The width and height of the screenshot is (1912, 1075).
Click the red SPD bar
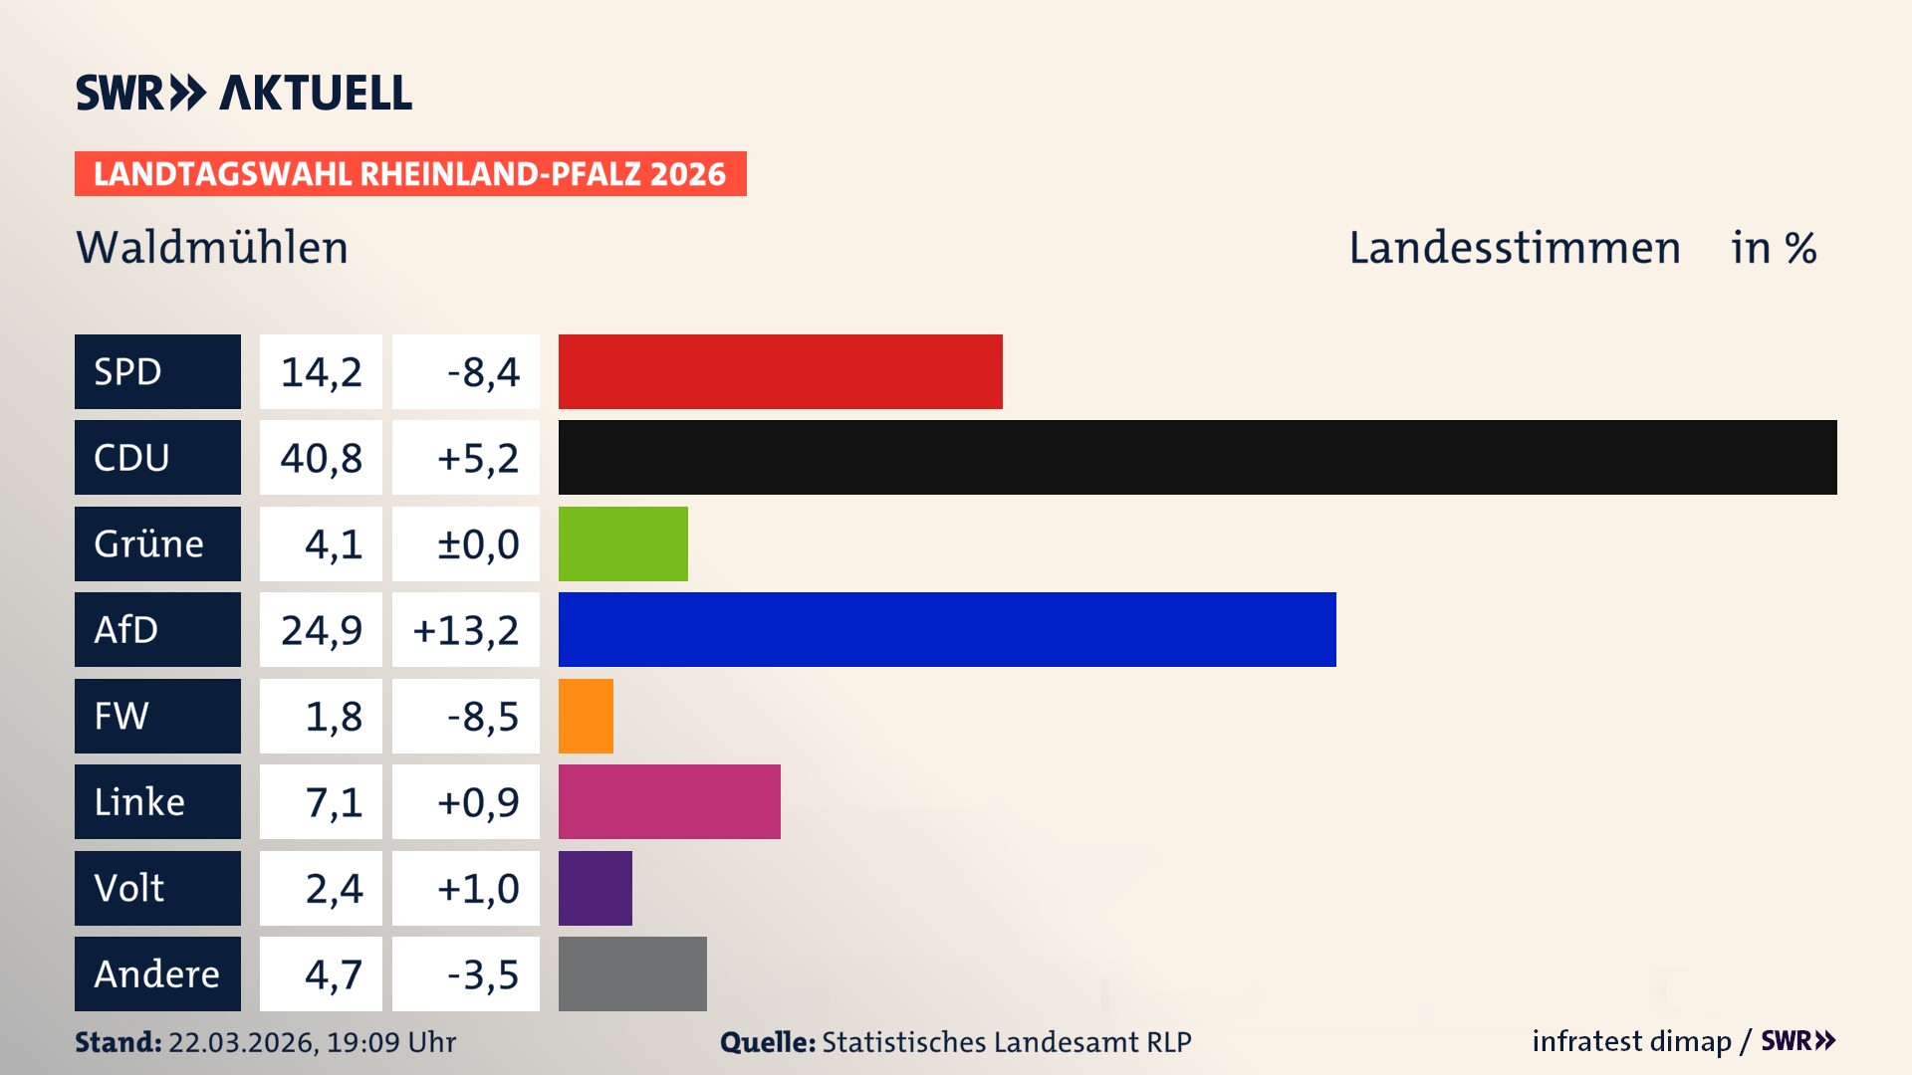[780, 371]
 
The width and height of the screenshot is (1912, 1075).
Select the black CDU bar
[1197, 458]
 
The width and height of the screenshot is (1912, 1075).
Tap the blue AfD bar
[946, 630]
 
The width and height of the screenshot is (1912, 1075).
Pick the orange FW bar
[586, 716]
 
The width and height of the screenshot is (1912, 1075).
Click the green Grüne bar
[622, 543]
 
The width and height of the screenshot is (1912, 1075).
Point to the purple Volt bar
[595, 888]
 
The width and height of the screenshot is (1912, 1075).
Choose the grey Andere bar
[632, 973]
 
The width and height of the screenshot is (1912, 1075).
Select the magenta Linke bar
[669, 801]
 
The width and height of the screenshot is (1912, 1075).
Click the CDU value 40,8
[321, 458]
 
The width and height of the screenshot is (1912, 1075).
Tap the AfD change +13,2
[466, 630]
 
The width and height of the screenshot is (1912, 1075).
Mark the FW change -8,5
[483, 716]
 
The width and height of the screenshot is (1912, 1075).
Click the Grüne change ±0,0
[478, 543]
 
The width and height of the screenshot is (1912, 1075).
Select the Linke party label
[139, 801]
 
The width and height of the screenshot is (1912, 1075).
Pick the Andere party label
[156, 973]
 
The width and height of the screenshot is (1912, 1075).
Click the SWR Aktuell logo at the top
[244, 93]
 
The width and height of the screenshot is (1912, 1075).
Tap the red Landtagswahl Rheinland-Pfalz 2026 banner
[410, 174]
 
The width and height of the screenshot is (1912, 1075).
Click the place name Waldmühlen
[212, 248]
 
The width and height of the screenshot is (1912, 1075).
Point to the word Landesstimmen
[1514, 248]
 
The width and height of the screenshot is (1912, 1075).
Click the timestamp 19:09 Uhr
[390, 1042]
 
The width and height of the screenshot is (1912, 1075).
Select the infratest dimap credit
[1631, 1041]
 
